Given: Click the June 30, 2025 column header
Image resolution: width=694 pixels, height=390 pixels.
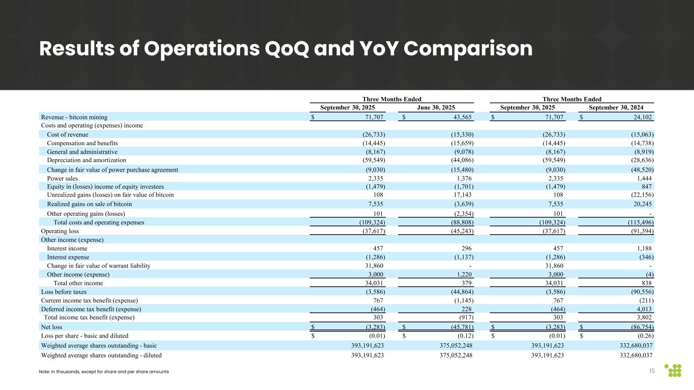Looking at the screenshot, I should tap(436, 107).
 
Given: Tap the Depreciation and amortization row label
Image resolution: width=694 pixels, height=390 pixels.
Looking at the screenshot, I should tap(86, 159).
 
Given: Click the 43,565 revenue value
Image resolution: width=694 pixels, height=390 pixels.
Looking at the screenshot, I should tap(460, 117).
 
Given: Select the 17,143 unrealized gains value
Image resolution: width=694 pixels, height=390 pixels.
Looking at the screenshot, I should tap(462, 194).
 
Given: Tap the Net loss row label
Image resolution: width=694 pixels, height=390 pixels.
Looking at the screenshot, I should tap(51, 327).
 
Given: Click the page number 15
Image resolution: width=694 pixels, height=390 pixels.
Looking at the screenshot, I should tap(652, 371).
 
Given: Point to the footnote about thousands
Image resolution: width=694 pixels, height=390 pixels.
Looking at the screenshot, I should tap(104, 372).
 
